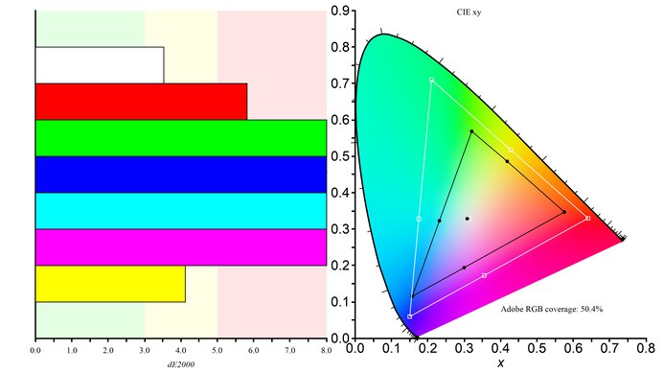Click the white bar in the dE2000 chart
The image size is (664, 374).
tap(100, 64)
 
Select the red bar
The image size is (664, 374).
tap(141, 101)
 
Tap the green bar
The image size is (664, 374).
tap(180, 137)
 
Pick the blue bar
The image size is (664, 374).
tap(180, 174)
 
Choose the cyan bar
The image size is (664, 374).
tap(180, 210)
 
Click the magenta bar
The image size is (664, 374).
tap(180, 246)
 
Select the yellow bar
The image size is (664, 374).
tap(110, 283)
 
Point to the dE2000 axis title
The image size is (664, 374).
tap(180, 362)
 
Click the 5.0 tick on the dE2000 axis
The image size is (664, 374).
tap(218, 350)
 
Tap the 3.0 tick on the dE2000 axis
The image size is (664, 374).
tap(145, 350)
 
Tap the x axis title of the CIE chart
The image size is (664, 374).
tap(500, 364)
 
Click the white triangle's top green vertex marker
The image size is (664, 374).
tap(431, 80)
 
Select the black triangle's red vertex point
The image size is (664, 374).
tap(564, 212)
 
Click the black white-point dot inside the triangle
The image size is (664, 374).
tap(468, 219)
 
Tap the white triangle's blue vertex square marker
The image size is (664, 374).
tap(410, 316)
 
